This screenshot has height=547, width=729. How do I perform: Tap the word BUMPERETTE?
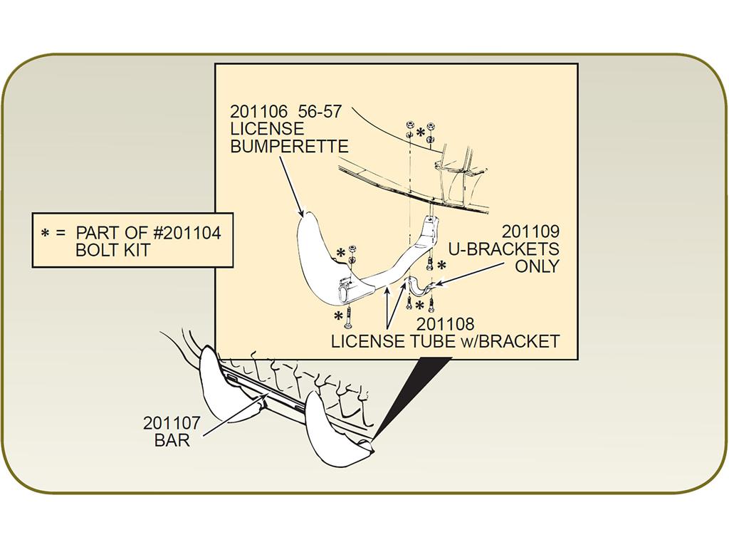pyautogui.click(x=289, y=147)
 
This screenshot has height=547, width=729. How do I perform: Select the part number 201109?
pyautogui.click(x=530, y=231)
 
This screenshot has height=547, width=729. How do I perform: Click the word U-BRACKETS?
pyautogui.click(x=503, y=249)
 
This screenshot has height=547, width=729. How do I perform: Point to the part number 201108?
pyautogui.click(x=445, y=324)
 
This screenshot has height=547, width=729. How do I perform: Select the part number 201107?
pyautogui.click(x=172, y=423)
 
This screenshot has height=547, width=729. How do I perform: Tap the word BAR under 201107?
pyautogui.click(x=172, y=440)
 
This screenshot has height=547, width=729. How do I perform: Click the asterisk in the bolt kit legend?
pyautogui.click(x=45, y=233)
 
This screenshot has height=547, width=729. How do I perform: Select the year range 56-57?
pyautogui.click(x=320, y=112)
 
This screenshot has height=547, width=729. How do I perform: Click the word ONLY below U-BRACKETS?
pyautogui.click(x=537, y=266)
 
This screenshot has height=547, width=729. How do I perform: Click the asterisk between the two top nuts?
pyautogui.click(x=420, y=132)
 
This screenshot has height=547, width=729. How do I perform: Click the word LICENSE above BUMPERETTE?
pyautogui.click(x=267, y=129)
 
